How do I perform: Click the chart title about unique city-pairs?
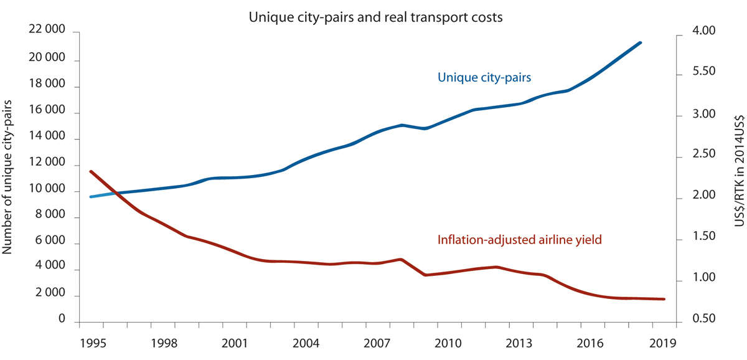coord(375,17)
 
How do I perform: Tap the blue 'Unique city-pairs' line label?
coord(487,78)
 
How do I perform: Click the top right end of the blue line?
coord(641,43)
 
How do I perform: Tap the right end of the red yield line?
coord(664,299)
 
